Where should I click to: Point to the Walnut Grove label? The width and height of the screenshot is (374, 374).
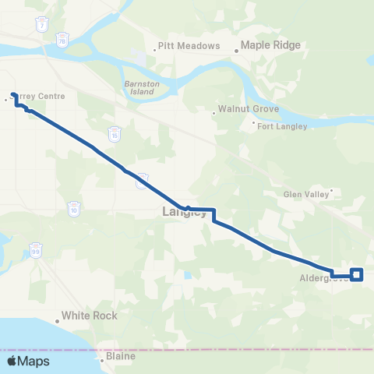click(x=243, y=111)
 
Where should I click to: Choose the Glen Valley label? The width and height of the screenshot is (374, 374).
click(x=305, y=195)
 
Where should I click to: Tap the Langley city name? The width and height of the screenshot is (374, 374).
click(x=184, y=212)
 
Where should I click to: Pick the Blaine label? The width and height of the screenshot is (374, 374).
click(x=118, y=357)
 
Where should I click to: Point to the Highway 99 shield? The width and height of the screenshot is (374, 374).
click(x=37, y=251)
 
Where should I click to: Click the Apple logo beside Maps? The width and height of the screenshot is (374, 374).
click(x=12, y=362)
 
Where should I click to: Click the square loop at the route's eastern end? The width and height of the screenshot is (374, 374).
click(x=357, y=273)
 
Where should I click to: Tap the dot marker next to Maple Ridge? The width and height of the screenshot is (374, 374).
click(x=237, y=51)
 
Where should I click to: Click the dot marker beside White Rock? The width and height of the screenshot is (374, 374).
click(x=57, y=320)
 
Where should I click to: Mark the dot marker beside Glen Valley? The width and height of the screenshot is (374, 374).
click(x=331, y=189)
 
